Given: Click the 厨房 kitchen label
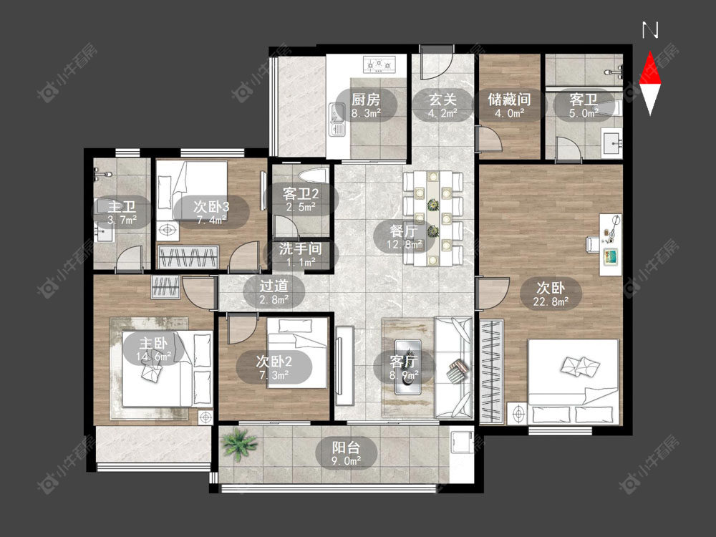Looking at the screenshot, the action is click(x=366, y=99).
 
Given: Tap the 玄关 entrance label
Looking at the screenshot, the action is click(x=443, y=99).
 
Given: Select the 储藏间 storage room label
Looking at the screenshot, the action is click(x=509, y=99).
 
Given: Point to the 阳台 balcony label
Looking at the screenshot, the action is click(x=346, y=447).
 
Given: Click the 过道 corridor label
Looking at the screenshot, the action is click(x=274, y=286).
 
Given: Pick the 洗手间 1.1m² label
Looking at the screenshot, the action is click(x=301, y=255).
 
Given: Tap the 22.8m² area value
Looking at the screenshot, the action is click(x=551, y=301).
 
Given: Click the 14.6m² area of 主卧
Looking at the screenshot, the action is click(x=153, y=356).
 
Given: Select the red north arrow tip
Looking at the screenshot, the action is click(x=650, y=52).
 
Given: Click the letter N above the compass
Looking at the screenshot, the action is click(x=650, y=30).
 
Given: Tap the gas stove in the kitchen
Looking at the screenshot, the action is click(x=379, y=64).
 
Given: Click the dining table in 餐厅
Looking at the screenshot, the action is click(x=432, y=218).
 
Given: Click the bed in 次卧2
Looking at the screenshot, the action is click(x=297, y=353).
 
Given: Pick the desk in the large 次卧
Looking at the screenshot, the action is click(x=611, y=244).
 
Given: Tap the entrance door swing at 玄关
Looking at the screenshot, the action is click(x=437, y=66).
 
